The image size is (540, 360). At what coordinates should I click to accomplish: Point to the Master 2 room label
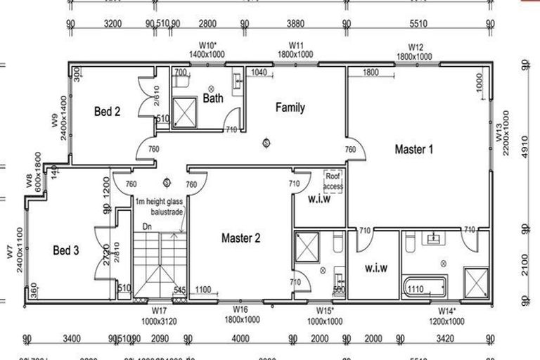(x=241, y=238)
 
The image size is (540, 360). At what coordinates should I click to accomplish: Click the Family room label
(x=290, y=108)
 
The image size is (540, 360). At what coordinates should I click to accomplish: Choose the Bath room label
(x=213, y=98)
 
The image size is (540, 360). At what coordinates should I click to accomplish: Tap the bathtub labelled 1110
(x=425, y=288)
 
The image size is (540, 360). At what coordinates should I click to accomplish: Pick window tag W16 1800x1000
(x=240, y=314)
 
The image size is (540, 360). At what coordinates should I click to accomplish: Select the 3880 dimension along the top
(x=295, y=23)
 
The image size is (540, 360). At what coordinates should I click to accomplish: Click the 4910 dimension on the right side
(x=525, y=148)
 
